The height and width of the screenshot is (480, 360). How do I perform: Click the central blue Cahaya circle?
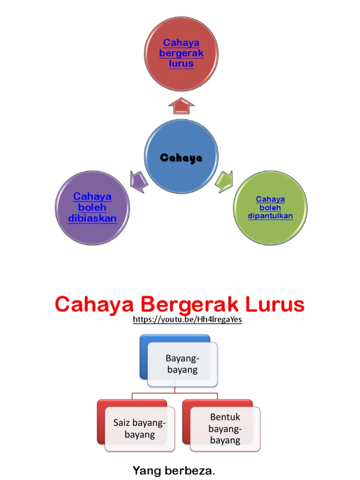[x=181, y=157]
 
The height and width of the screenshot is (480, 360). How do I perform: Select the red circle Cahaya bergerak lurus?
[x=181, y=54]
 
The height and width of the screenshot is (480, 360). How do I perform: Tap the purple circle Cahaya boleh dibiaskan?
[x=92, y=208]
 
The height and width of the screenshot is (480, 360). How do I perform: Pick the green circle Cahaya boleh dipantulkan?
[x=270, y=208]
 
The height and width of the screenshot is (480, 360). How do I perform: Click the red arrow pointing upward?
[x=181, y=106]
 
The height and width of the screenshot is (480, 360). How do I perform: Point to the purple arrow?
[x=139, y=181]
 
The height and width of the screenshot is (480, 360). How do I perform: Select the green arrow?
[x=224, y=181]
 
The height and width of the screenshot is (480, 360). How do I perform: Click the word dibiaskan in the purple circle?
[x=92, y=218]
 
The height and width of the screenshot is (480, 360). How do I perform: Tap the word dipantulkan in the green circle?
[x=270, y=216]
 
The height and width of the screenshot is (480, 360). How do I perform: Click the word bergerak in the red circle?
[x=181, y=53]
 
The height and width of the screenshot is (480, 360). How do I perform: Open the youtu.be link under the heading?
[x=187, y=320]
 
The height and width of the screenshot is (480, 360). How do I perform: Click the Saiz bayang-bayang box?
[x=140, y=428]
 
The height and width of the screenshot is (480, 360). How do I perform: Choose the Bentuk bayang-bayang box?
[x=225, y=428]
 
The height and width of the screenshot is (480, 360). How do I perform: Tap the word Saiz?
[x=123, y=423]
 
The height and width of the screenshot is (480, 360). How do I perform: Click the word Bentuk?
[x=225, y=417]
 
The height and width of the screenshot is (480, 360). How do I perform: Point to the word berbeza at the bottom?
[x=190, y=470]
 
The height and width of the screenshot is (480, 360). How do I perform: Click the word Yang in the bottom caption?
[x=143, y=470]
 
